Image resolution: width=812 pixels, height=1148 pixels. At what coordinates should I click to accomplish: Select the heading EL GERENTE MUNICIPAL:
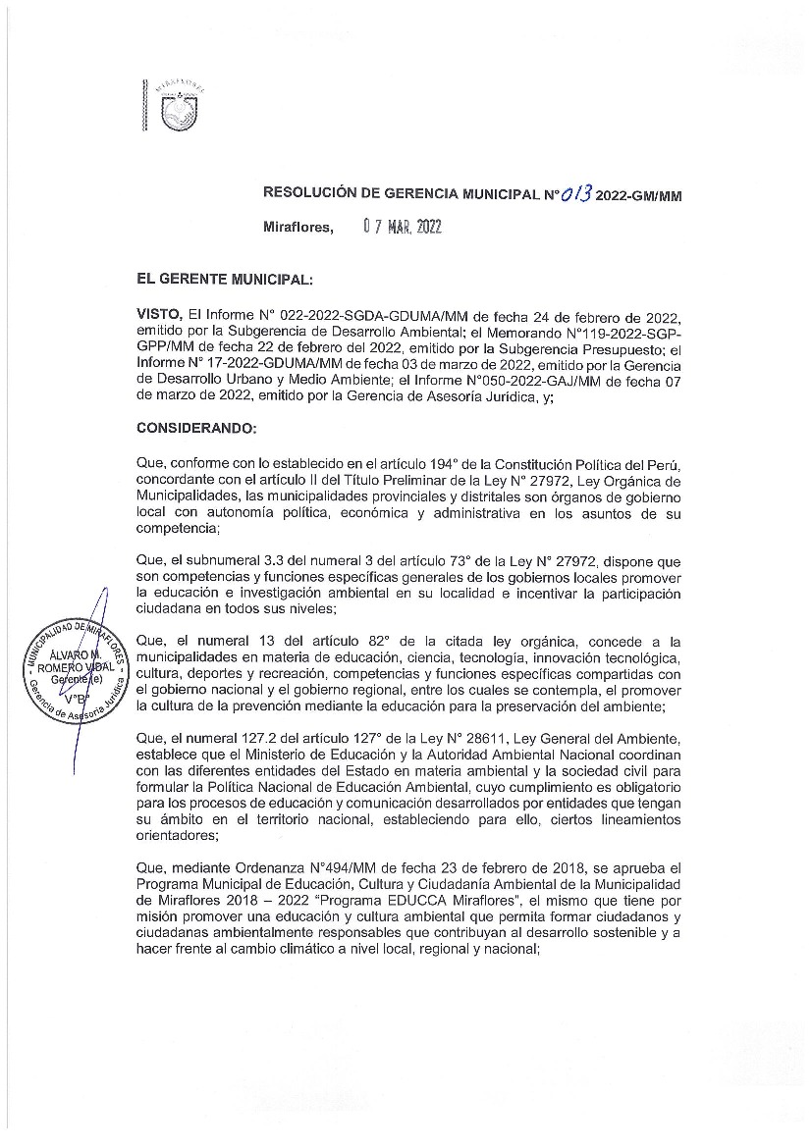pyautogui.click(x=225, y=279)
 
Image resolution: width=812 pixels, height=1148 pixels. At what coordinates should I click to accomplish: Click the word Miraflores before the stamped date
pyautogui.click(x=298, y=228)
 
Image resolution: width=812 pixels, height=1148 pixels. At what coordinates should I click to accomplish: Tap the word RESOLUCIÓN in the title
pyautogui.click(x=312, y=195)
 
